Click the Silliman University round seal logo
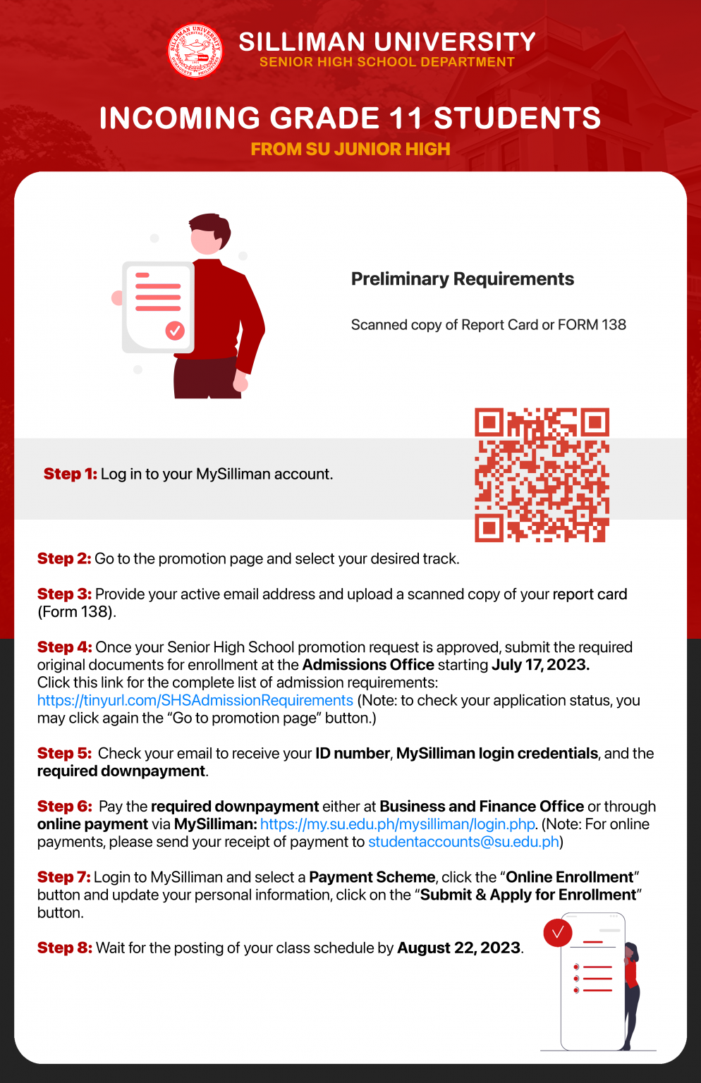tap(195, 51)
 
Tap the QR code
tap(542, 475)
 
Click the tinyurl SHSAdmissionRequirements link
tap(195, 700)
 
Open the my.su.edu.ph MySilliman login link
tap(398, 824)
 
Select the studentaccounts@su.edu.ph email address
tap(463, 842)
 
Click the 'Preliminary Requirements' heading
tap(462, 279)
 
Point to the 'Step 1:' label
tap(70, 474)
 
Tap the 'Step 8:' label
tap(64, 948)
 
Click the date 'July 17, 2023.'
tap(540, 665)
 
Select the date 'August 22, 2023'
tap(458, 948)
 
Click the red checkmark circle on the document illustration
tap(175, 330)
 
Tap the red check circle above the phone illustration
tap(558, 932)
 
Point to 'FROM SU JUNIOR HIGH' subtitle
tap(350, 149)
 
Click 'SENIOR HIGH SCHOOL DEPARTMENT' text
tap(386, 62)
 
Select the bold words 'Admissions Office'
tap(368, 665)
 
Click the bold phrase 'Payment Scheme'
tap(372, 877)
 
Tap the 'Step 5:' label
tap(64, 753)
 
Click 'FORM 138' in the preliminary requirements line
tap(592, 325)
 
